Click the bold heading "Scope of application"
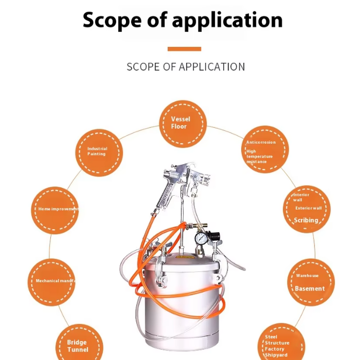182,20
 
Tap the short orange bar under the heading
184,49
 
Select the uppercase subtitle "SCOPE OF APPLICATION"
186,67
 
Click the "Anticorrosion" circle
265,149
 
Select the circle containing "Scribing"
307,209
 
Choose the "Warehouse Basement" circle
311,282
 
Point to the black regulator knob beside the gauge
215,236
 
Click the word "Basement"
310,289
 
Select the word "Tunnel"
78,350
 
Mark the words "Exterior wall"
309,208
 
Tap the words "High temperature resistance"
260,157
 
